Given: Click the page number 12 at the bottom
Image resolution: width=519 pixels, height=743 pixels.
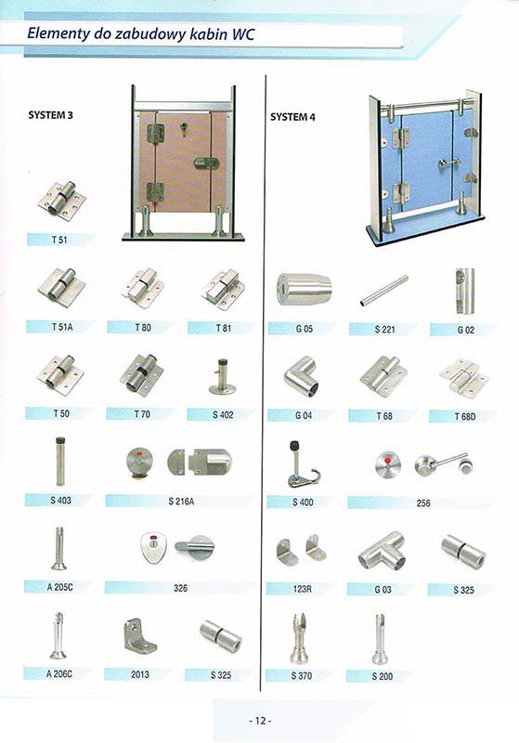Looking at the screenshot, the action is (x=260, y=721).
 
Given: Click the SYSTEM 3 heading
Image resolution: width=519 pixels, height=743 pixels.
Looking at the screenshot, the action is (x=51, y=115).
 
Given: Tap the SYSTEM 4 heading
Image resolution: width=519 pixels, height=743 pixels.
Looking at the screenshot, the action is (x=292, y=117).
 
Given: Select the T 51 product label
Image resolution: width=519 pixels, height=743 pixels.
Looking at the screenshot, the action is (x=59, y=240).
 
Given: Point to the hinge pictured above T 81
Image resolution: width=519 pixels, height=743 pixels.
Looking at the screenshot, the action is (x=223, y=290).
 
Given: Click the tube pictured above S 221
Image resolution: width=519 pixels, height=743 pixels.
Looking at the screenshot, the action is (x=384, y=291).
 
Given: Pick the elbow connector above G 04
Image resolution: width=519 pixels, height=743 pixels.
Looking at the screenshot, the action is (x=302, y=377).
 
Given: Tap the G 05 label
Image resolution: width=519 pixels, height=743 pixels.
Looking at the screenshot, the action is (x=304, y=329).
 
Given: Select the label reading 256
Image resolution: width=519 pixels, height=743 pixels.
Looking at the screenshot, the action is (x=423, y=502).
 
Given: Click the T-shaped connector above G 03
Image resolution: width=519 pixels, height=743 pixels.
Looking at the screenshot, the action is (x=383, y=551).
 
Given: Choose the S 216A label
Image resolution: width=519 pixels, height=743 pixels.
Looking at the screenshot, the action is (x=181, y=501).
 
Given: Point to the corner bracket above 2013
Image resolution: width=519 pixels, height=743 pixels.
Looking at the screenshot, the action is (x=139, y=635).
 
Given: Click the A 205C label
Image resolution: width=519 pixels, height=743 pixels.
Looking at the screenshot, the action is (x=59, y=587).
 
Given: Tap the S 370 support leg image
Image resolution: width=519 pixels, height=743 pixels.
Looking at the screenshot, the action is (x=299, y=639).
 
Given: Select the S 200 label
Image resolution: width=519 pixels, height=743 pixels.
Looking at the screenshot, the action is (x=383, y=676).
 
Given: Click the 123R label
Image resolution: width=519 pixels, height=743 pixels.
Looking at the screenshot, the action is (x=303, y=589).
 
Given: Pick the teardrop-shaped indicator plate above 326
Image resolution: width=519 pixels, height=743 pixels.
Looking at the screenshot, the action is (x=153, y=547).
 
